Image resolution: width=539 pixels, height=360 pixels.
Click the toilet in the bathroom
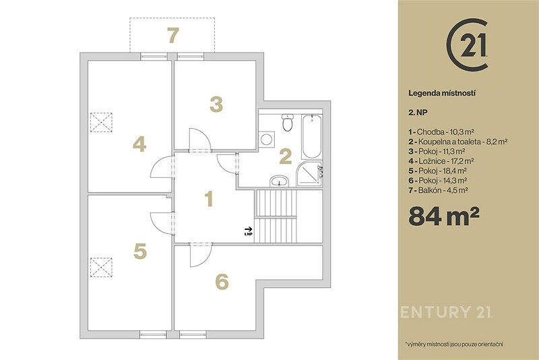[x=288, y=123]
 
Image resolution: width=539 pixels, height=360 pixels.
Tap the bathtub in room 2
[x=312, y=136]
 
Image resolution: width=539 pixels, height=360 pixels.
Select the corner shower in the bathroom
[x=309, y=174]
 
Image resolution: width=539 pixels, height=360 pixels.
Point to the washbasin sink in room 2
[x=280, y=181]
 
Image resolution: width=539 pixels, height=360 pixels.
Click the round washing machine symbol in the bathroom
[x=266, y=140]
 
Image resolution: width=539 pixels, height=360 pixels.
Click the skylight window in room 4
[x=102, y=122]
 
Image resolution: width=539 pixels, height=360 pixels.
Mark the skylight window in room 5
[x=102, y=267]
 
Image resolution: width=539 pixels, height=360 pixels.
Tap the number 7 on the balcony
[x=173, y=36]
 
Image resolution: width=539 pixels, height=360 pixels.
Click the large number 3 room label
[x=216, y=104]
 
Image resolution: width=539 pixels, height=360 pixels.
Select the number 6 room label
[x=222, y=282]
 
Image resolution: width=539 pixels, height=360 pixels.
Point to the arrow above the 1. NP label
[x=248, y=229]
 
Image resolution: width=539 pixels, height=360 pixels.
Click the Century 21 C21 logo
[x=467, y=45]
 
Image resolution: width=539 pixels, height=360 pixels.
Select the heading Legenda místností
[x=442, y=93]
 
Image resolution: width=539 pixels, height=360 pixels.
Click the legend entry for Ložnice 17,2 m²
[x=441, y=161]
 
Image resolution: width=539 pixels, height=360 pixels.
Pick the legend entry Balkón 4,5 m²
[x=439, y=190]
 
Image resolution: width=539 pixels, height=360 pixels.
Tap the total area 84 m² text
[x=443, y=216]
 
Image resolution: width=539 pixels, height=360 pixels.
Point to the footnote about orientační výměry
[x=454, y=344]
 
